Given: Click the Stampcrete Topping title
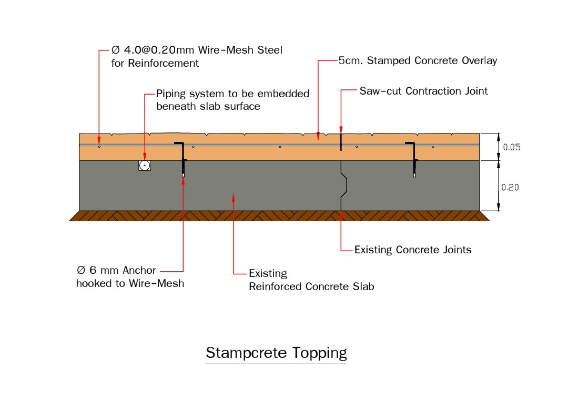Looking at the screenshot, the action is (276, 353).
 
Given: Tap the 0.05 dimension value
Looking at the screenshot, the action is (512, 147).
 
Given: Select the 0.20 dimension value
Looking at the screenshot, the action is (510, 188).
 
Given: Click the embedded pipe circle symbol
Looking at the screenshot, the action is (145, 166).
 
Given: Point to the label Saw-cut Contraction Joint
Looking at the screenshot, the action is (423, 91).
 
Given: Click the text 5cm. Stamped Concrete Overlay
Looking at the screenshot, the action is (418, 60).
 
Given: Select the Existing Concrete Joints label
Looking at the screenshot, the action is (413, 250).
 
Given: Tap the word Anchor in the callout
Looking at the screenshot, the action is (139, 270).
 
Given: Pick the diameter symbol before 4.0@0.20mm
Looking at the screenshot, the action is (116, 50).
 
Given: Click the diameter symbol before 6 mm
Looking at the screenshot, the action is (81, 270).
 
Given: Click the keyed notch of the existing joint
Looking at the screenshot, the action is (344, 186).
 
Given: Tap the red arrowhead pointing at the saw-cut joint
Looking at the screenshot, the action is (341, 130).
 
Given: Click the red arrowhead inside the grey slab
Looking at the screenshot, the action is (234, 198).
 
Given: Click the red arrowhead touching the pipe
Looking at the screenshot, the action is (145, 158).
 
